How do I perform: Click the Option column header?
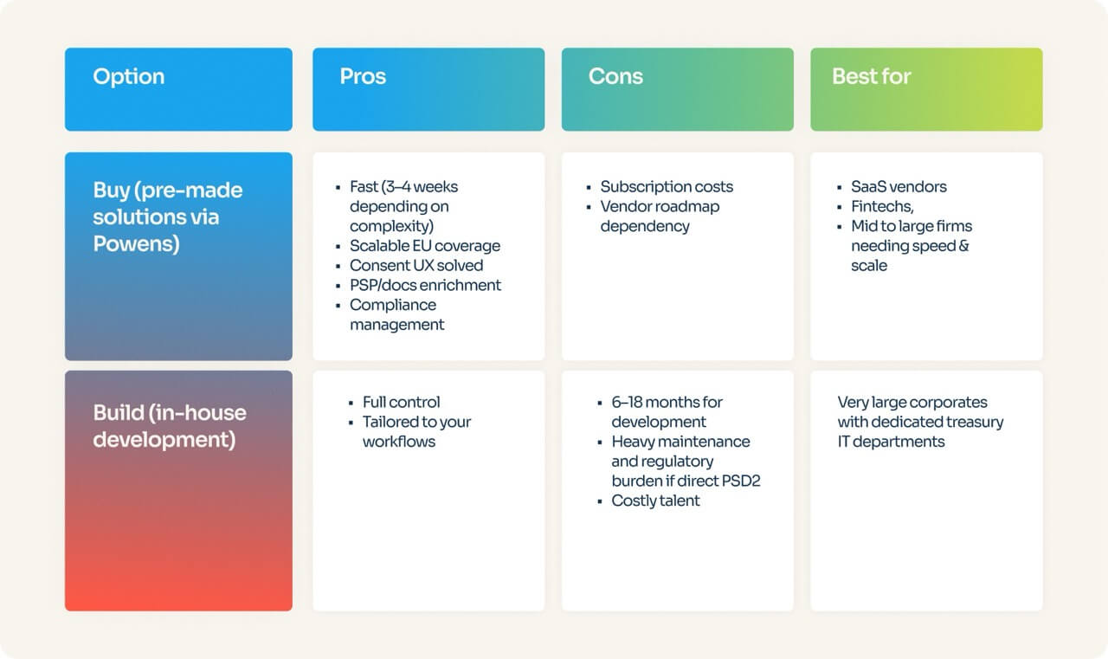[128, 76]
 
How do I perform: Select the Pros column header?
[363, 76]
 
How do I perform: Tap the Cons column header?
[615, 76]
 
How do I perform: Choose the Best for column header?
[871, 76]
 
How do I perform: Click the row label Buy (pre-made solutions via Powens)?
[168, 216]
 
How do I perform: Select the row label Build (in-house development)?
[170, 425]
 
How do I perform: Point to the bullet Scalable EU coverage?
[424, 246]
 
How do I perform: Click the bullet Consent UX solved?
[415, 266]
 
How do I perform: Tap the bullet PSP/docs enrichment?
[425, 285]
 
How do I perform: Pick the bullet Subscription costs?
[666, 187]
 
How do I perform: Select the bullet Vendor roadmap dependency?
[659, 216]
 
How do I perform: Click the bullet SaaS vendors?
[899, 187]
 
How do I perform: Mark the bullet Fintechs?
[881, 207]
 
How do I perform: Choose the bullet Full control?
[401, 402]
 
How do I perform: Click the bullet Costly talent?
[655, 501]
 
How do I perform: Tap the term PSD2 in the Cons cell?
[738, 481]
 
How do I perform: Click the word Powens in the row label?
[135, 244]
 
